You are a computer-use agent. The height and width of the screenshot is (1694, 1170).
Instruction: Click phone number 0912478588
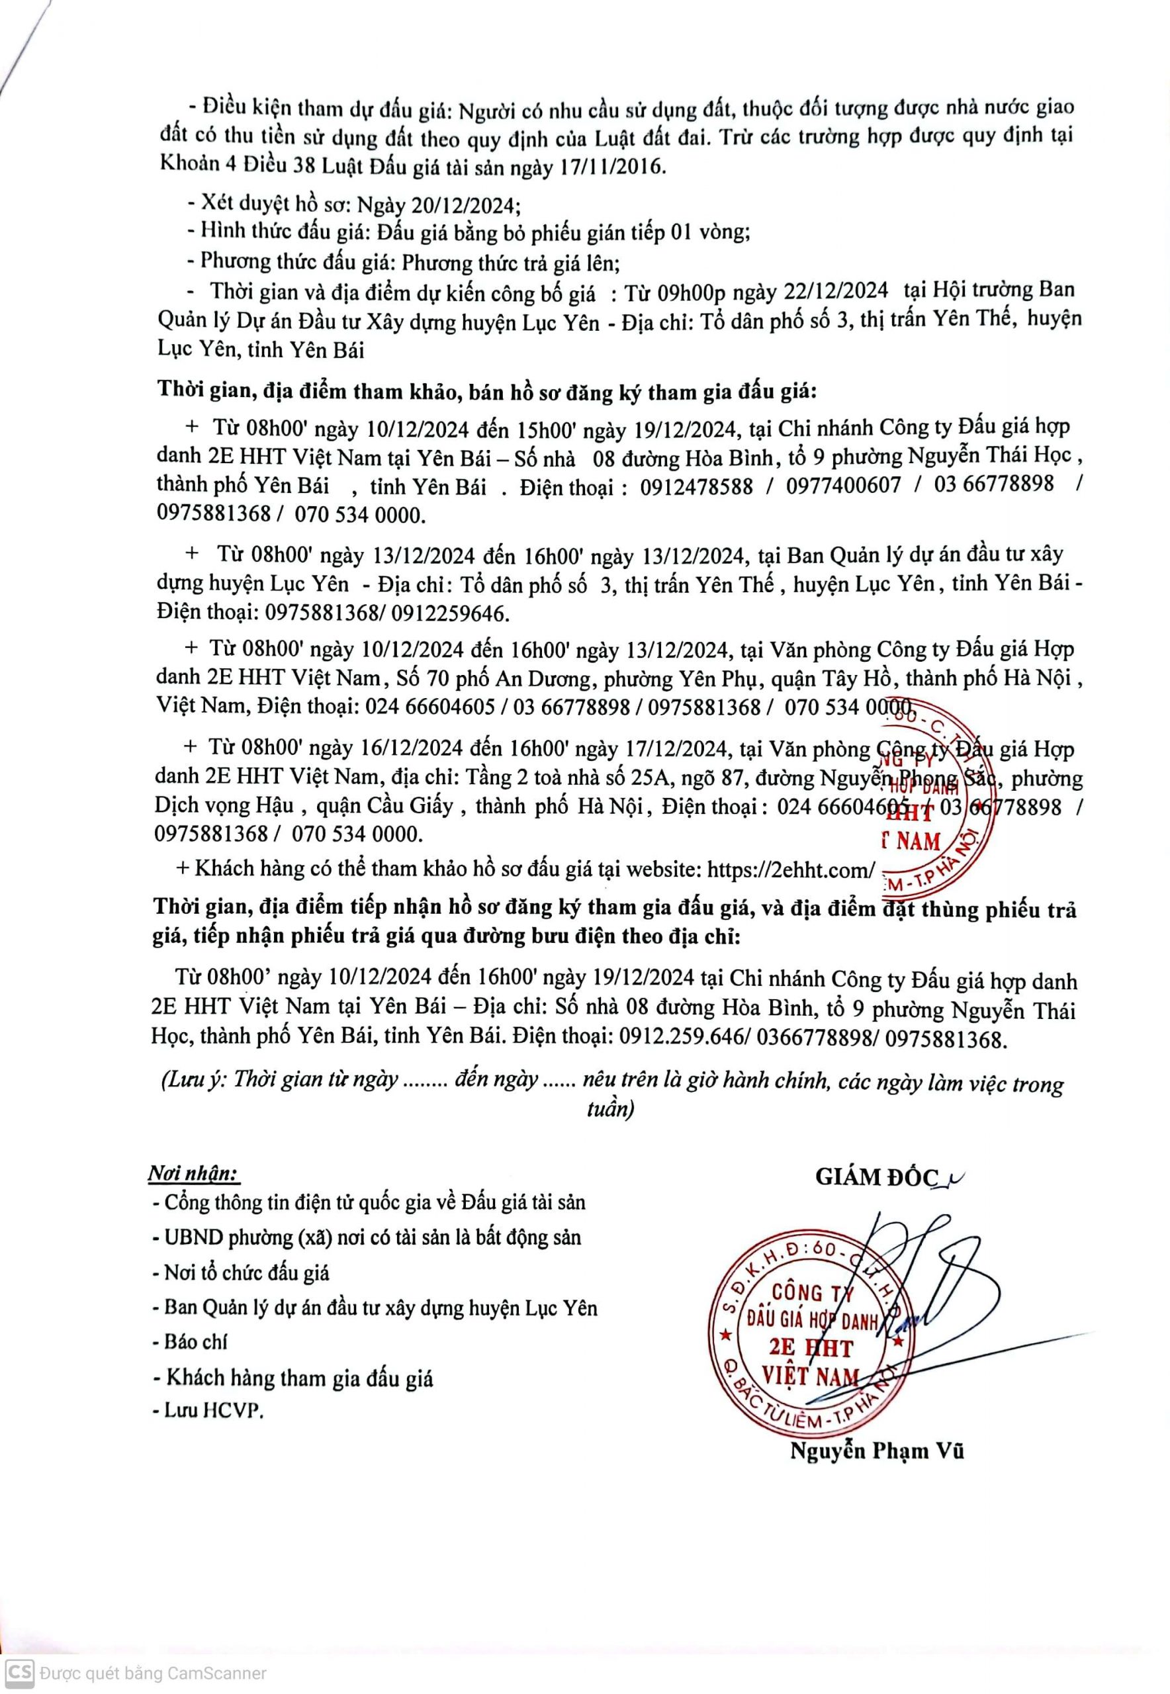pos(695,486)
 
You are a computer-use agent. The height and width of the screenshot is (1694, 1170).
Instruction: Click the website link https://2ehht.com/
pos(790,869)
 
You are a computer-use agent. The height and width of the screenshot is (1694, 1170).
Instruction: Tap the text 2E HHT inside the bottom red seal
pos(811,1348)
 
